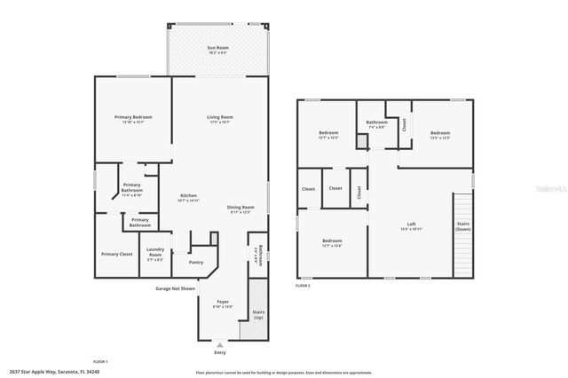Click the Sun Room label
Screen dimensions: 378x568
click(217, 49)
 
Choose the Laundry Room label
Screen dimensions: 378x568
click(154, 253)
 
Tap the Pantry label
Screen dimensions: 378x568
click(195, 262)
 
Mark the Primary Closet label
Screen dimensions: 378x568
click(116, 254)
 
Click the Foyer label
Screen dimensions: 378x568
click(223, 303)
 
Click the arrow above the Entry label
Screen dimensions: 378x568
click(220, 343)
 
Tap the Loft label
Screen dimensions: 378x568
click(411, 225)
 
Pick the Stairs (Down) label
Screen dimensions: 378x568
click(462, 226)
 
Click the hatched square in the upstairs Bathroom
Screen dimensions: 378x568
click(362, 141)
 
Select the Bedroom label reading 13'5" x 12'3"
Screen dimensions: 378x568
click(439, 135)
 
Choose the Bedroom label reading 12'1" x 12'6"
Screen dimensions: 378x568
click(333, 243)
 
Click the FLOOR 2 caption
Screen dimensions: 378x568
click(304, 286)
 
